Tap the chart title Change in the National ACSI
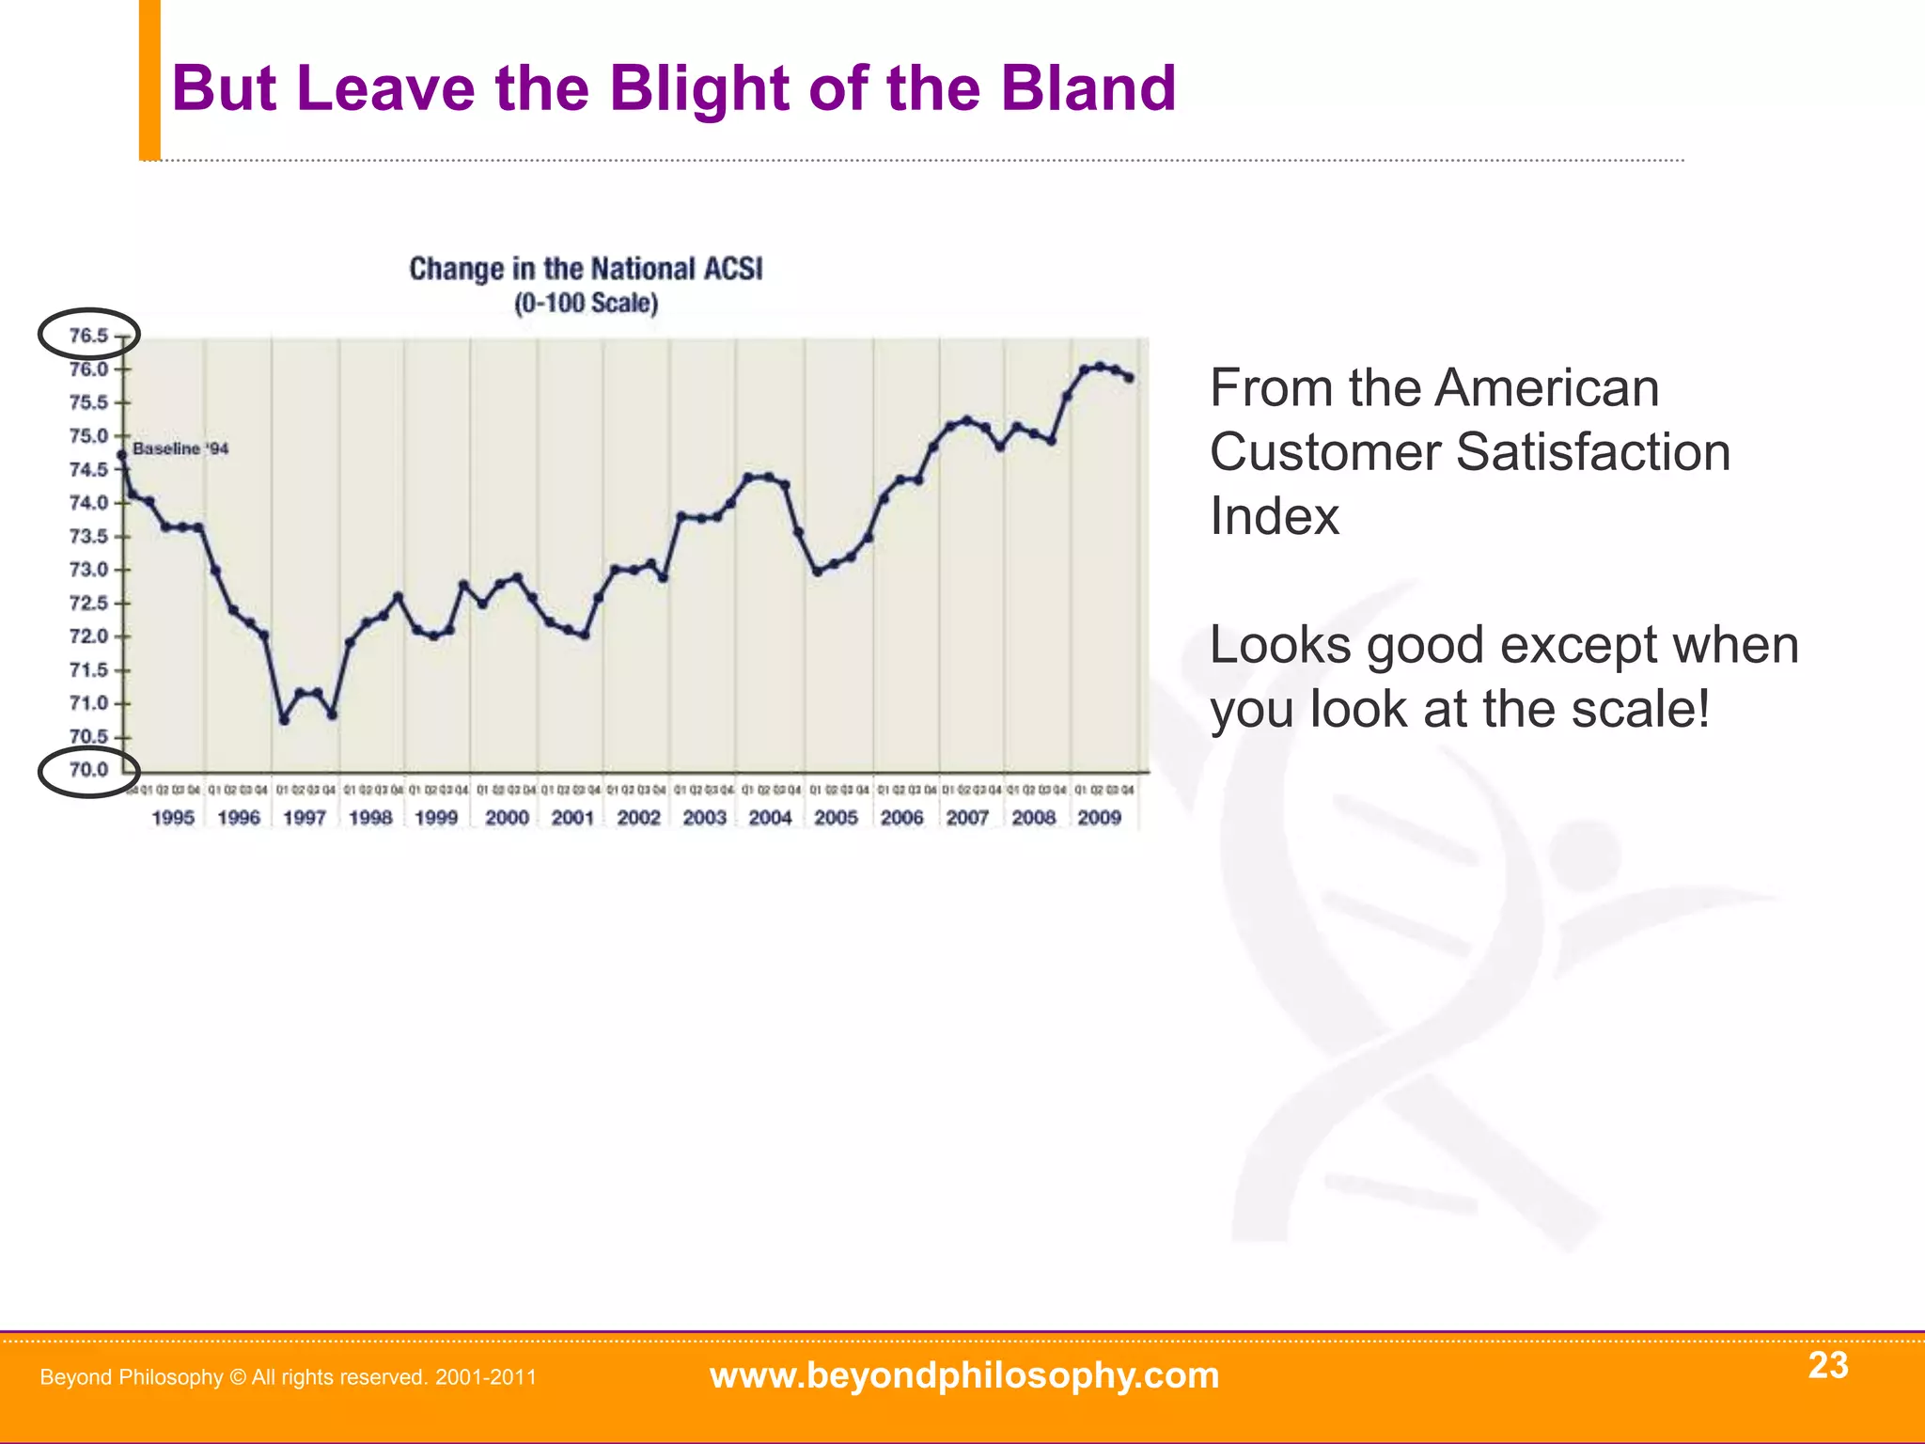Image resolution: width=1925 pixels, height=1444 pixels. (586, 270)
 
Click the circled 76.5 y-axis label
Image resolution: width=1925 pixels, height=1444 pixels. (88, 336)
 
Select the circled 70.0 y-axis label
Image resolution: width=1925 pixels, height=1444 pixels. (88, 770)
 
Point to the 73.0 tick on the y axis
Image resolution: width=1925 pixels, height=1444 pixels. (88, 570)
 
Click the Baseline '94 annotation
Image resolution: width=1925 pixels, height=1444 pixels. (180, 449)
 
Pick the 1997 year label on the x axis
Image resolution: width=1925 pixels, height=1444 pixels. (305, 818)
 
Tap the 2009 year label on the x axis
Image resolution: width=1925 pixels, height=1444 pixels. (1099, 818)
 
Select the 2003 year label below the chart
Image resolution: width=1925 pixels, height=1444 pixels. (704, 818)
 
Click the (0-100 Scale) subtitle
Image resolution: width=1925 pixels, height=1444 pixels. (586, 304)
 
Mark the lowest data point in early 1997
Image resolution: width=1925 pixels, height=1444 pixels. (285, 720)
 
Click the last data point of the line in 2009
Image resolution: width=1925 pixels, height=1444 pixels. (1129, 378)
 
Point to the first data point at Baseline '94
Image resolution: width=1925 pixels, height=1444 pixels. (121, 455)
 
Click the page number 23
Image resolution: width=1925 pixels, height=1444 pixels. (1827, 1365)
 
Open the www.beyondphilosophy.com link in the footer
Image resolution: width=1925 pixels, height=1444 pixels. (963, 1375)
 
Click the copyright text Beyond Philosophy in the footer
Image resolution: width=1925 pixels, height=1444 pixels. (132, 1377)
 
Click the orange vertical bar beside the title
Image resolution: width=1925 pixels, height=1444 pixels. (149, 80)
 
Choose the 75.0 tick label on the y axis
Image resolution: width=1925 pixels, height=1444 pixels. (88, 436)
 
